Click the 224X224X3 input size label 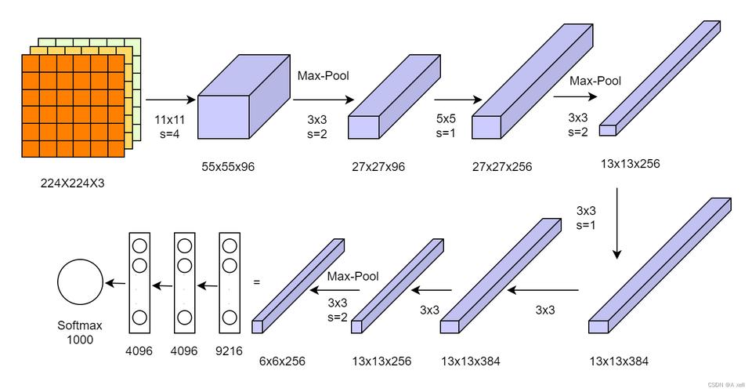[72, 183]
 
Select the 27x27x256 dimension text [501, 166]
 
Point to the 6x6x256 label [282, 361]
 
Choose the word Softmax [79, 325]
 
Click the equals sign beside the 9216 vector [255, 281]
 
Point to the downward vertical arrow [617, 223]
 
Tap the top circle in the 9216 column [230, 246]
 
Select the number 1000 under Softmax [79, 339]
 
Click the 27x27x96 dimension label [378, 166]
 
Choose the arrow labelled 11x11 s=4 [170, 100]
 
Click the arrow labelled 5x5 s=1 [457, 100]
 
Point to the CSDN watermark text [725, 385]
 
